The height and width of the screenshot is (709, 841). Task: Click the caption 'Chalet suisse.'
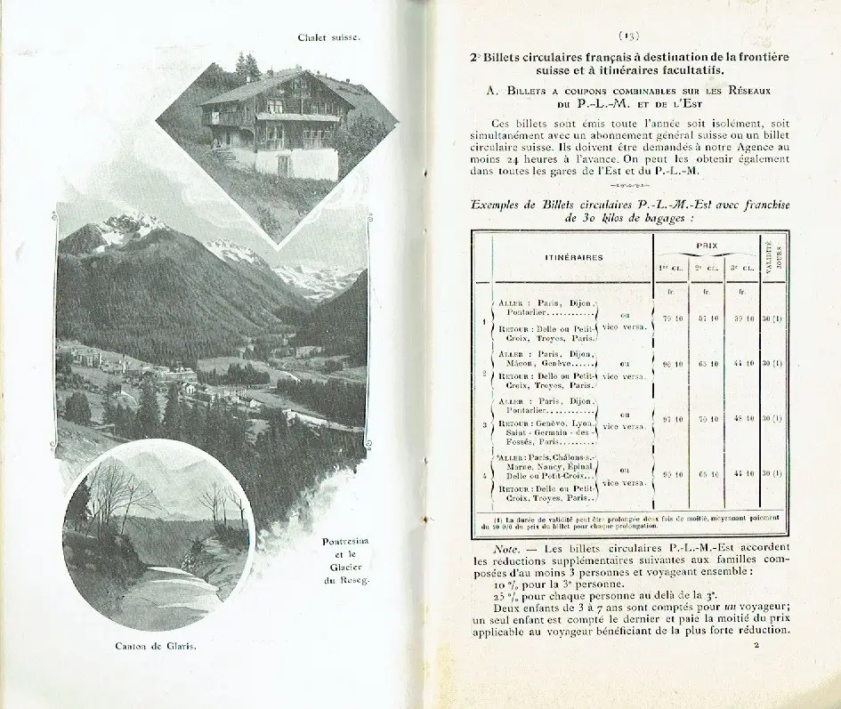click(329, 37)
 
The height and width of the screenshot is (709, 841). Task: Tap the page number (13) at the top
click(628, 36)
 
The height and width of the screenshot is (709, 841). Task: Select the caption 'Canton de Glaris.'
click(156, 646)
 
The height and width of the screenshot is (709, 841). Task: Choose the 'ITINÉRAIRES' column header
click(574, 257)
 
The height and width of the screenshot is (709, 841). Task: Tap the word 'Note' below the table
click(506, 549)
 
